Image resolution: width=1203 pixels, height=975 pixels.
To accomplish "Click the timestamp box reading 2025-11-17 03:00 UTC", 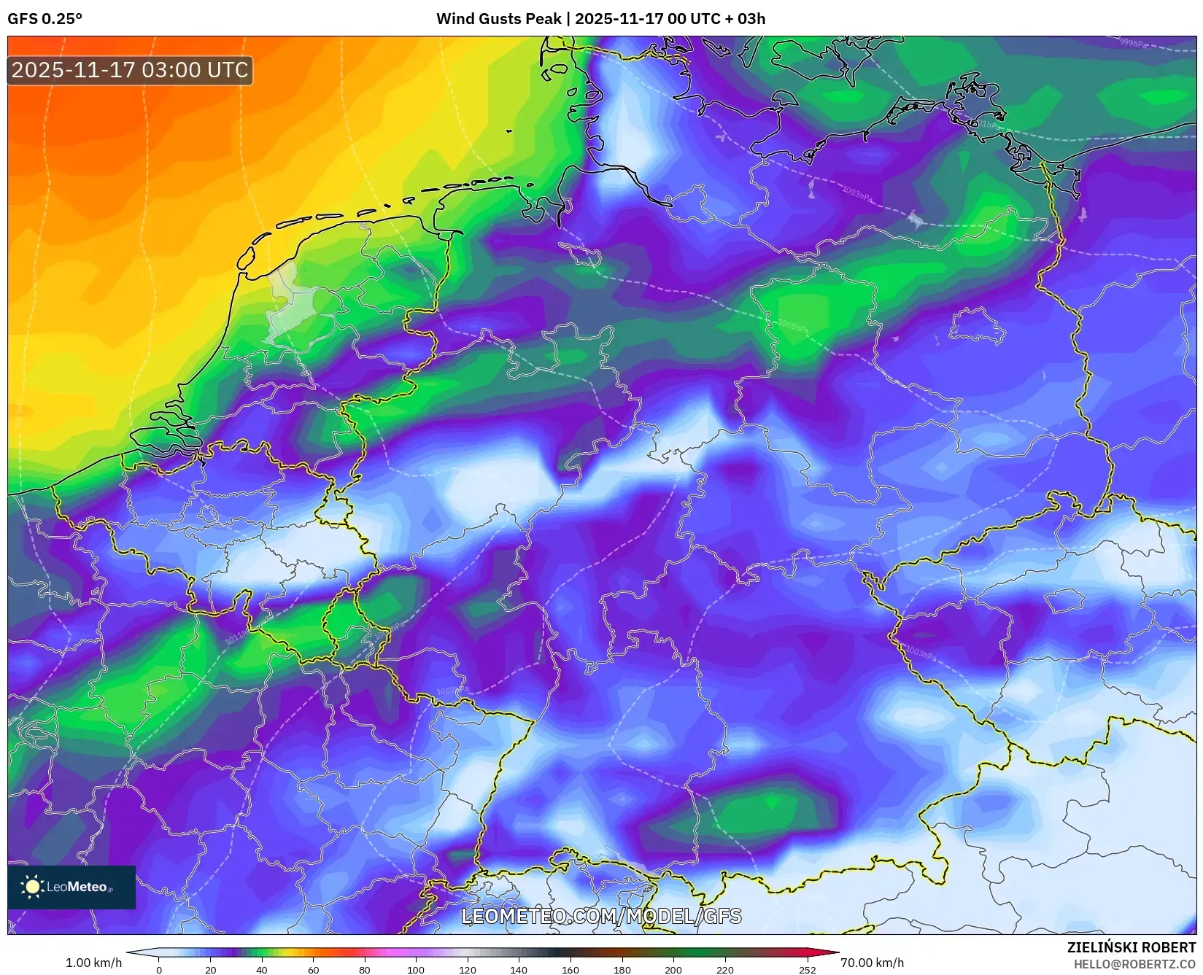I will point(130,70).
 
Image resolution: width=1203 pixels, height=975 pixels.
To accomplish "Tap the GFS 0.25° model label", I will point(45,19).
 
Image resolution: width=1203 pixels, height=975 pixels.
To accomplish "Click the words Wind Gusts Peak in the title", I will point(498,19).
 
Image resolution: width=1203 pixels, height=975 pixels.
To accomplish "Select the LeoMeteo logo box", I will point(71,887).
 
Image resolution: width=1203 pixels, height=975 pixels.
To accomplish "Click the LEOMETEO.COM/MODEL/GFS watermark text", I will point(601,916).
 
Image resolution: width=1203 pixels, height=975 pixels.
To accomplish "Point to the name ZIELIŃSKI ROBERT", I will point(1131,947).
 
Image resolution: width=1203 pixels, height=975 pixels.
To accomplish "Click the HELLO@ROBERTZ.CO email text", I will point(1134,964).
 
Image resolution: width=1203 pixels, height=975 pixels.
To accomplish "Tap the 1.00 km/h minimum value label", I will point(93,963).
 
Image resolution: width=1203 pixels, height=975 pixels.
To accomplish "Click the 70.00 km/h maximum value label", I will point(872,963).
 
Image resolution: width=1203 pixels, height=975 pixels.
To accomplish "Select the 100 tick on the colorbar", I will point(416,970).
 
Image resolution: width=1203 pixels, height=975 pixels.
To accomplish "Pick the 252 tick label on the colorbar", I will point(807,970).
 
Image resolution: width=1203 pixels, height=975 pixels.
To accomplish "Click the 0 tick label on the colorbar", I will point(159,970).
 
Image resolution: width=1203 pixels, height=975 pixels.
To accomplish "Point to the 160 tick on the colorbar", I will point(570,970).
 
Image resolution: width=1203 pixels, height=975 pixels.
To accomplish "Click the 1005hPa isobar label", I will point(793,325).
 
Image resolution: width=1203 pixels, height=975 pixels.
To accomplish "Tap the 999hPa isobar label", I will point(1133,44).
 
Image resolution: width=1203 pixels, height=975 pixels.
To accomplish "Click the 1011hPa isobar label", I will point(236,638).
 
